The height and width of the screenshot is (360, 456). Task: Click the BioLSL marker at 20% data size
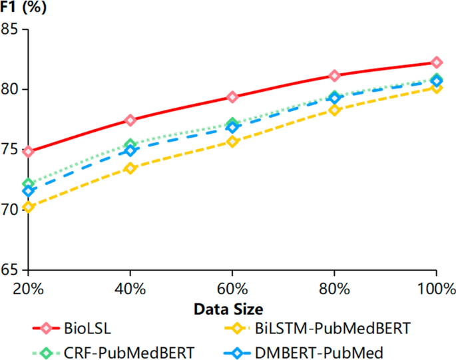[28, 152]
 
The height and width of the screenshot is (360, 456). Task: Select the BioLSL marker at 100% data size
[437, 63]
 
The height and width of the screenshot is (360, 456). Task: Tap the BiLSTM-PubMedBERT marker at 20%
[28, 207]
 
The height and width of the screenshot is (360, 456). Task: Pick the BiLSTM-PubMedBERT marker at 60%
[232, 142]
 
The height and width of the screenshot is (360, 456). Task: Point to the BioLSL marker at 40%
[130, 120]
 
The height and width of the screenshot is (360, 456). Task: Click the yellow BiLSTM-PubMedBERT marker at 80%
[335, 110]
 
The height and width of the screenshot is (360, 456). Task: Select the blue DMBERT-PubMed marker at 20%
[28, 192]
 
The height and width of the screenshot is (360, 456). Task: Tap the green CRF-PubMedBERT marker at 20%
[28, 184]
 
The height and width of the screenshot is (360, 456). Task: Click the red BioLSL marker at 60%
[232, 97]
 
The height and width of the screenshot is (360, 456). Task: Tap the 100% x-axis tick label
[436, 289]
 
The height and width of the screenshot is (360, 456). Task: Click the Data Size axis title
[228, 309]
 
